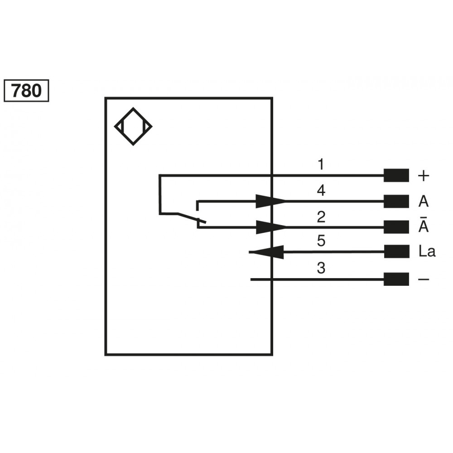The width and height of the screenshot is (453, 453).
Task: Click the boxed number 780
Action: click(x=26, y=91)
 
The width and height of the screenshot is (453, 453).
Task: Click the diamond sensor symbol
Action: click(x=133, y=126)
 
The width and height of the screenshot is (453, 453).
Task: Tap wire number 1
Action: click(x=321, y=164)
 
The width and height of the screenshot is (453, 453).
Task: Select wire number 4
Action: click(x=321, y=191)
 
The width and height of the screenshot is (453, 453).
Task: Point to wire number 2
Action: click(x=321, y=217)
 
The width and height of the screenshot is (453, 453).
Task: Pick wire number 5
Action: click(x=321, y=241)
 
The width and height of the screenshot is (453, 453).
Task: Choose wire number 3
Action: click(x=321, y=269)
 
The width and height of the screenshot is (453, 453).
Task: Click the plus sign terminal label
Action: click(x=423, y=176)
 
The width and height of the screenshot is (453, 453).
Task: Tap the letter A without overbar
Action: click(x=423, y=202)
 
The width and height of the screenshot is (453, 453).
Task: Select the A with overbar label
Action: click(x=423, y=226)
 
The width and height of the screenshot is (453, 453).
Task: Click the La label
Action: click(x=427, y=252)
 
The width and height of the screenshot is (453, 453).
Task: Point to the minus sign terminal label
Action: click(x=423, y=280)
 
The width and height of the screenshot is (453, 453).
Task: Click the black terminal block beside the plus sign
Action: click(x=396, y=175)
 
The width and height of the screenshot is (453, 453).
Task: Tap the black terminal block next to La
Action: click(x=396, y=251)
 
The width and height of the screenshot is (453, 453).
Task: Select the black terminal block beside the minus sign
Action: click(x=396, y=280)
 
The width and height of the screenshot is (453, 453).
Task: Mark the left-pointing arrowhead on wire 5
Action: click(x=267, y=252)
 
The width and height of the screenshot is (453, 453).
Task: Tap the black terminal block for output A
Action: click(x=396, y=202)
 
